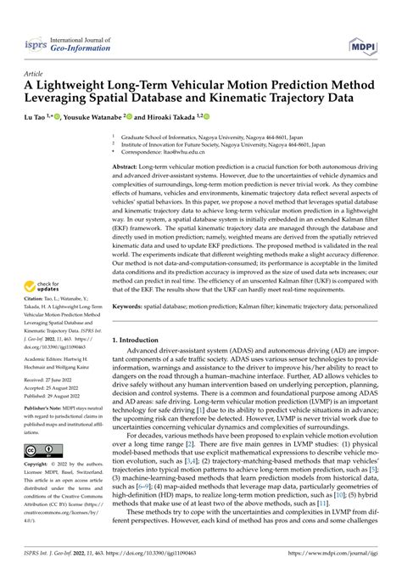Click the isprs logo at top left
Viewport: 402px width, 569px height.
[36, 41]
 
